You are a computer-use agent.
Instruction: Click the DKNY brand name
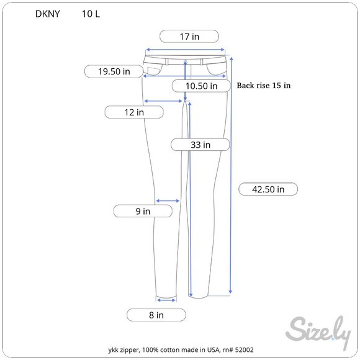[48, 14]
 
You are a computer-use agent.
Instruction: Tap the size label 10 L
[91, 14]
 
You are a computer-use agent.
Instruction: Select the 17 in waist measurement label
[189, 37]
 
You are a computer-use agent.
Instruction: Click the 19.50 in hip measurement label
[114, 71]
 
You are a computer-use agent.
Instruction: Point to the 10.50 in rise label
[201, 86]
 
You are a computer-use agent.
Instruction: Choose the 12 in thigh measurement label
[134, 112]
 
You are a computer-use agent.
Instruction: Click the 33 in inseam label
[200, 145]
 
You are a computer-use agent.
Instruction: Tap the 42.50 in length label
[268, 189]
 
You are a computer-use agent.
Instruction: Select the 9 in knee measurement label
[143, 211]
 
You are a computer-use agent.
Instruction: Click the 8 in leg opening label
[156, 315]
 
